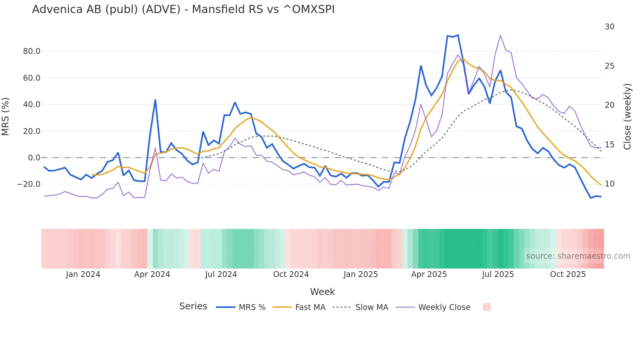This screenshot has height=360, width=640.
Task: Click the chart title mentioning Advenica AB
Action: coord(183,9)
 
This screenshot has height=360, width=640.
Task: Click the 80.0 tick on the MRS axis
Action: coord(32,51)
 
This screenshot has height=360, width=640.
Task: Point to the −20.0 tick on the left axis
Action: coord(29,184)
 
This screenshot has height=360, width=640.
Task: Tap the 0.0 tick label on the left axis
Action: coord(34,158)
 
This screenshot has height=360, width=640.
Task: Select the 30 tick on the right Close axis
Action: coord(609,27)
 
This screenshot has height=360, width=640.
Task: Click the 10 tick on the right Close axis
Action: coord(609,184)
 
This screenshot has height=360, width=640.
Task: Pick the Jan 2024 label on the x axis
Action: coord(83,274)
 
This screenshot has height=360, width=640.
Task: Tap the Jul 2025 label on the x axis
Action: coord(498,274)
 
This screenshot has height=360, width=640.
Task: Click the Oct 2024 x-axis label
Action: coord(291,274)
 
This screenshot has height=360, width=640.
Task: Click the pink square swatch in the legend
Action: coord(487,307)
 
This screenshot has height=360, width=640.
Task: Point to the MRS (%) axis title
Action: coord(6,116)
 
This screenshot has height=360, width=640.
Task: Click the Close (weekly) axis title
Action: coord(627,116)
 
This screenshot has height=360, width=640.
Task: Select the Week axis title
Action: coord(322,292)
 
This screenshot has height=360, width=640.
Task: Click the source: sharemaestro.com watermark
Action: coord(578,256)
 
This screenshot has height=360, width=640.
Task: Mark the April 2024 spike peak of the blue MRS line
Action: coord(155,100)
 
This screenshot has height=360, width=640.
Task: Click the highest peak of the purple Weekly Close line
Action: coord(500,35)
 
